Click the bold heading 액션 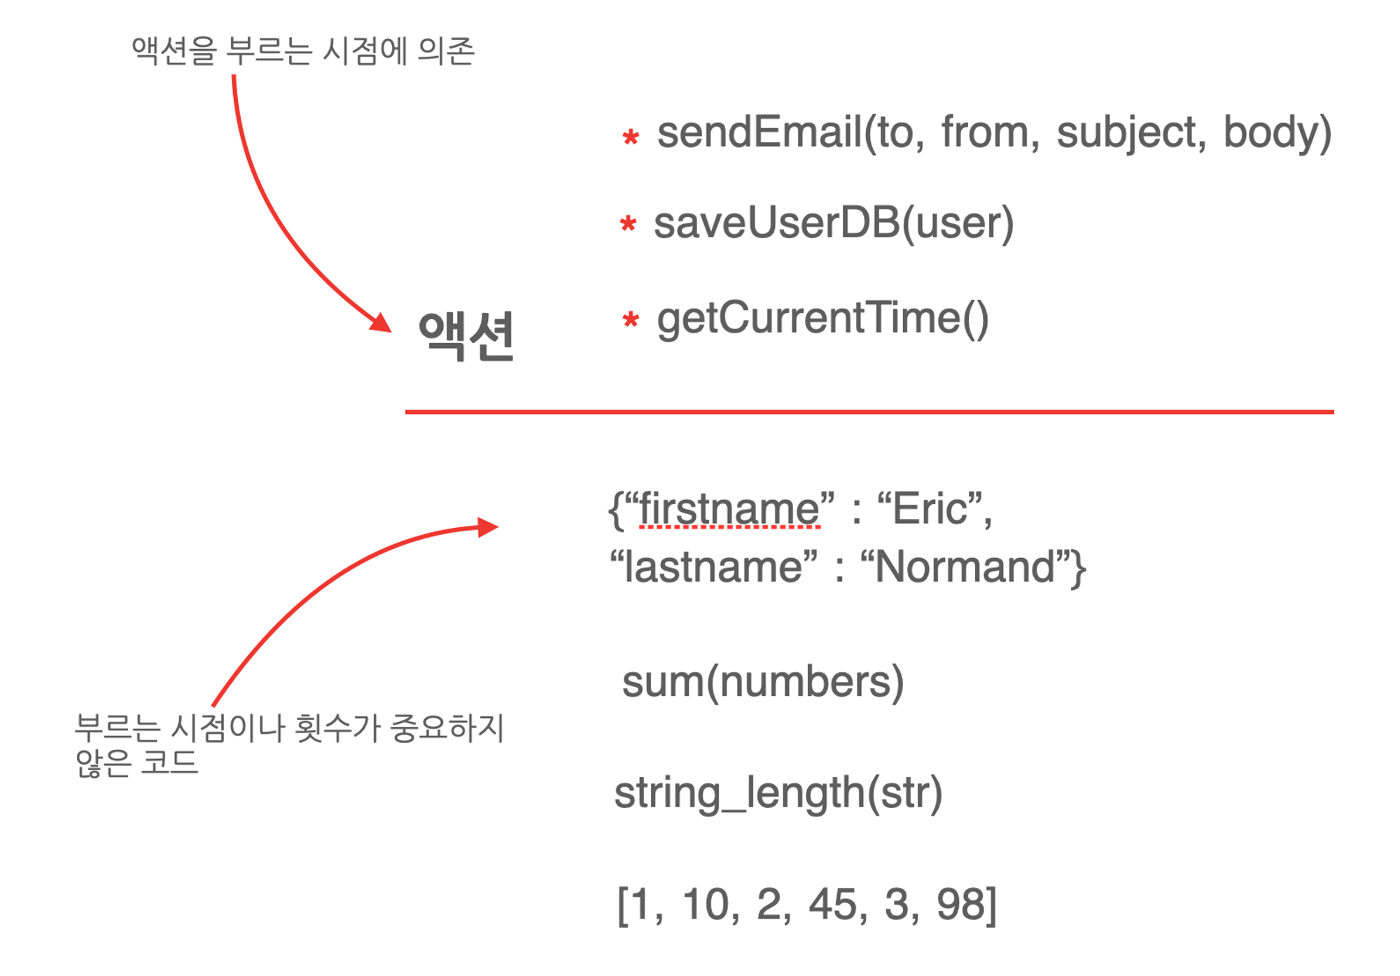pos(466,335)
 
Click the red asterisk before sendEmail pos(631,136)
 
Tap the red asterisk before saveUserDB pos(628,223)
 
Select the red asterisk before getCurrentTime pos(631,319)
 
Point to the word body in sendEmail pos(1270,133)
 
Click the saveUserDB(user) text pos(833,223)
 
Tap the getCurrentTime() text pos(822,319)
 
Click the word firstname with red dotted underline pos(729,509)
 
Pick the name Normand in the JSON pos(964,566)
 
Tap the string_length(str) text pos(778,793)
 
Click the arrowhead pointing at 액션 pos(381,323)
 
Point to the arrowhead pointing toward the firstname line pos(488,527)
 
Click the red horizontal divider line pos(869,412)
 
